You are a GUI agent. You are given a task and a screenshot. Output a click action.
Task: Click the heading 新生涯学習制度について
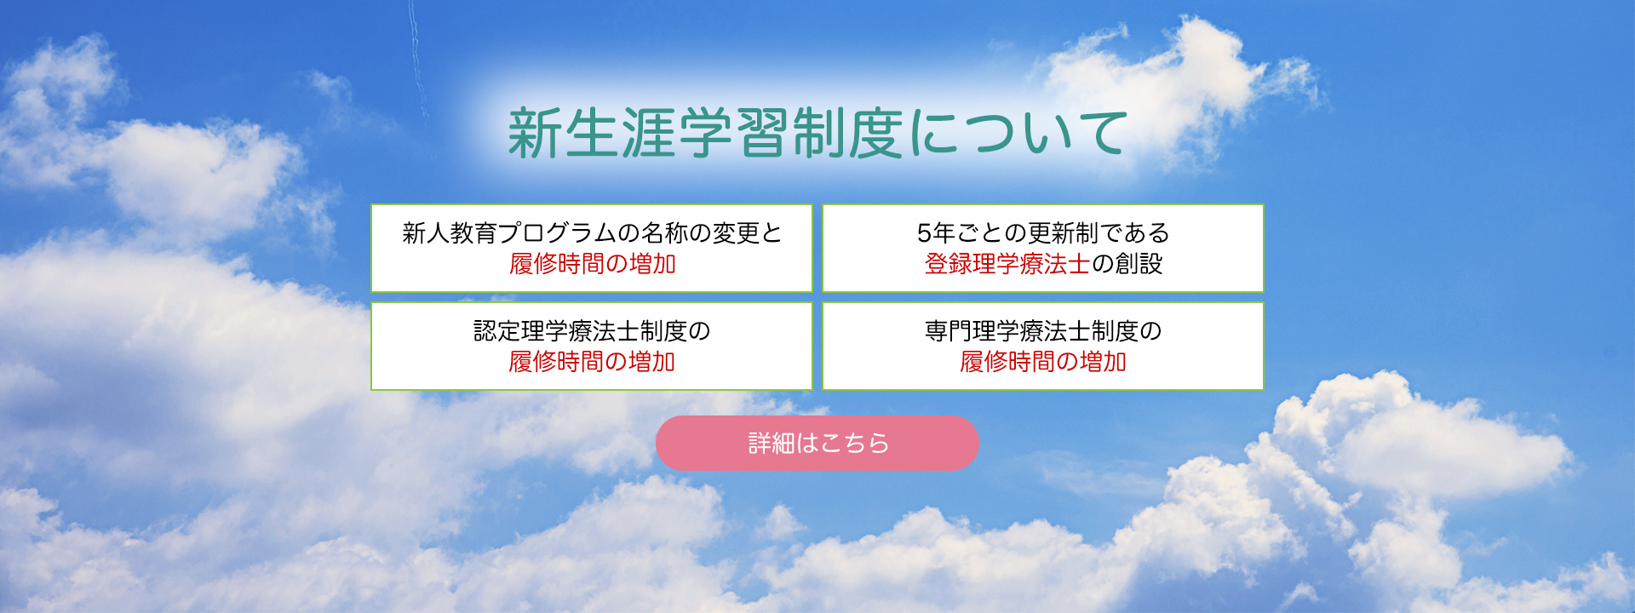tap(817, 134)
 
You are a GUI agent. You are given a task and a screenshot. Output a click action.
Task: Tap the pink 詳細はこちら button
tap(817, 443)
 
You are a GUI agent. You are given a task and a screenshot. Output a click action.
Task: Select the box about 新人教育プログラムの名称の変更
tap(592, 248)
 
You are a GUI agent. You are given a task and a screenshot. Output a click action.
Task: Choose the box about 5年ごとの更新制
tap(1043, 248)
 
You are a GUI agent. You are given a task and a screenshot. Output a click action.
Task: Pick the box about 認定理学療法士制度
tap(592, 346)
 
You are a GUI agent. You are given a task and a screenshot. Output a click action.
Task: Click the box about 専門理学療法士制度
tap(1043, 346)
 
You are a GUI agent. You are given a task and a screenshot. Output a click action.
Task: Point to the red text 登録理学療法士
tap(1007, 264)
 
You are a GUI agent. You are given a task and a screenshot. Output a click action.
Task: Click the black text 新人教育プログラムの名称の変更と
tap(592, 232)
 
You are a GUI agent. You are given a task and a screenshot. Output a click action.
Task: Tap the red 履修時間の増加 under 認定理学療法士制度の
tap(592, 362)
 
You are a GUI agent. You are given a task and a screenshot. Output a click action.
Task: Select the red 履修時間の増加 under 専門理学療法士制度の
tap(1043, 362)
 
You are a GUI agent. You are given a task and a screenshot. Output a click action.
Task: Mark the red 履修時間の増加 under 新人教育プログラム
tap(592, 264)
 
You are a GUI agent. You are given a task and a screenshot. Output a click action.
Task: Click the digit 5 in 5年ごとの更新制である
tap(924, 233)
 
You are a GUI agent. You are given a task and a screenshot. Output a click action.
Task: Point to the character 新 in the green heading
tap(534, 134)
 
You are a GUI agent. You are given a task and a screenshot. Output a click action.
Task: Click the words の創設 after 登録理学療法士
tap(1127, 264)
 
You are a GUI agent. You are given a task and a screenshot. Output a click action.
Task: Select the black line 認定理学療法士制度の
tap(592, 330)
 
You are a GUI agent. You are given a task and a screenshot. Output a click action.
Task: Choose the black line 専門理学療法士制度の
tap(1043, 330)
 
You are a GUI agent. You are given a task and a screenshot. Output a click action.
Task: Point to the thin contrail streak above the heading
tap(417, 56)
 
